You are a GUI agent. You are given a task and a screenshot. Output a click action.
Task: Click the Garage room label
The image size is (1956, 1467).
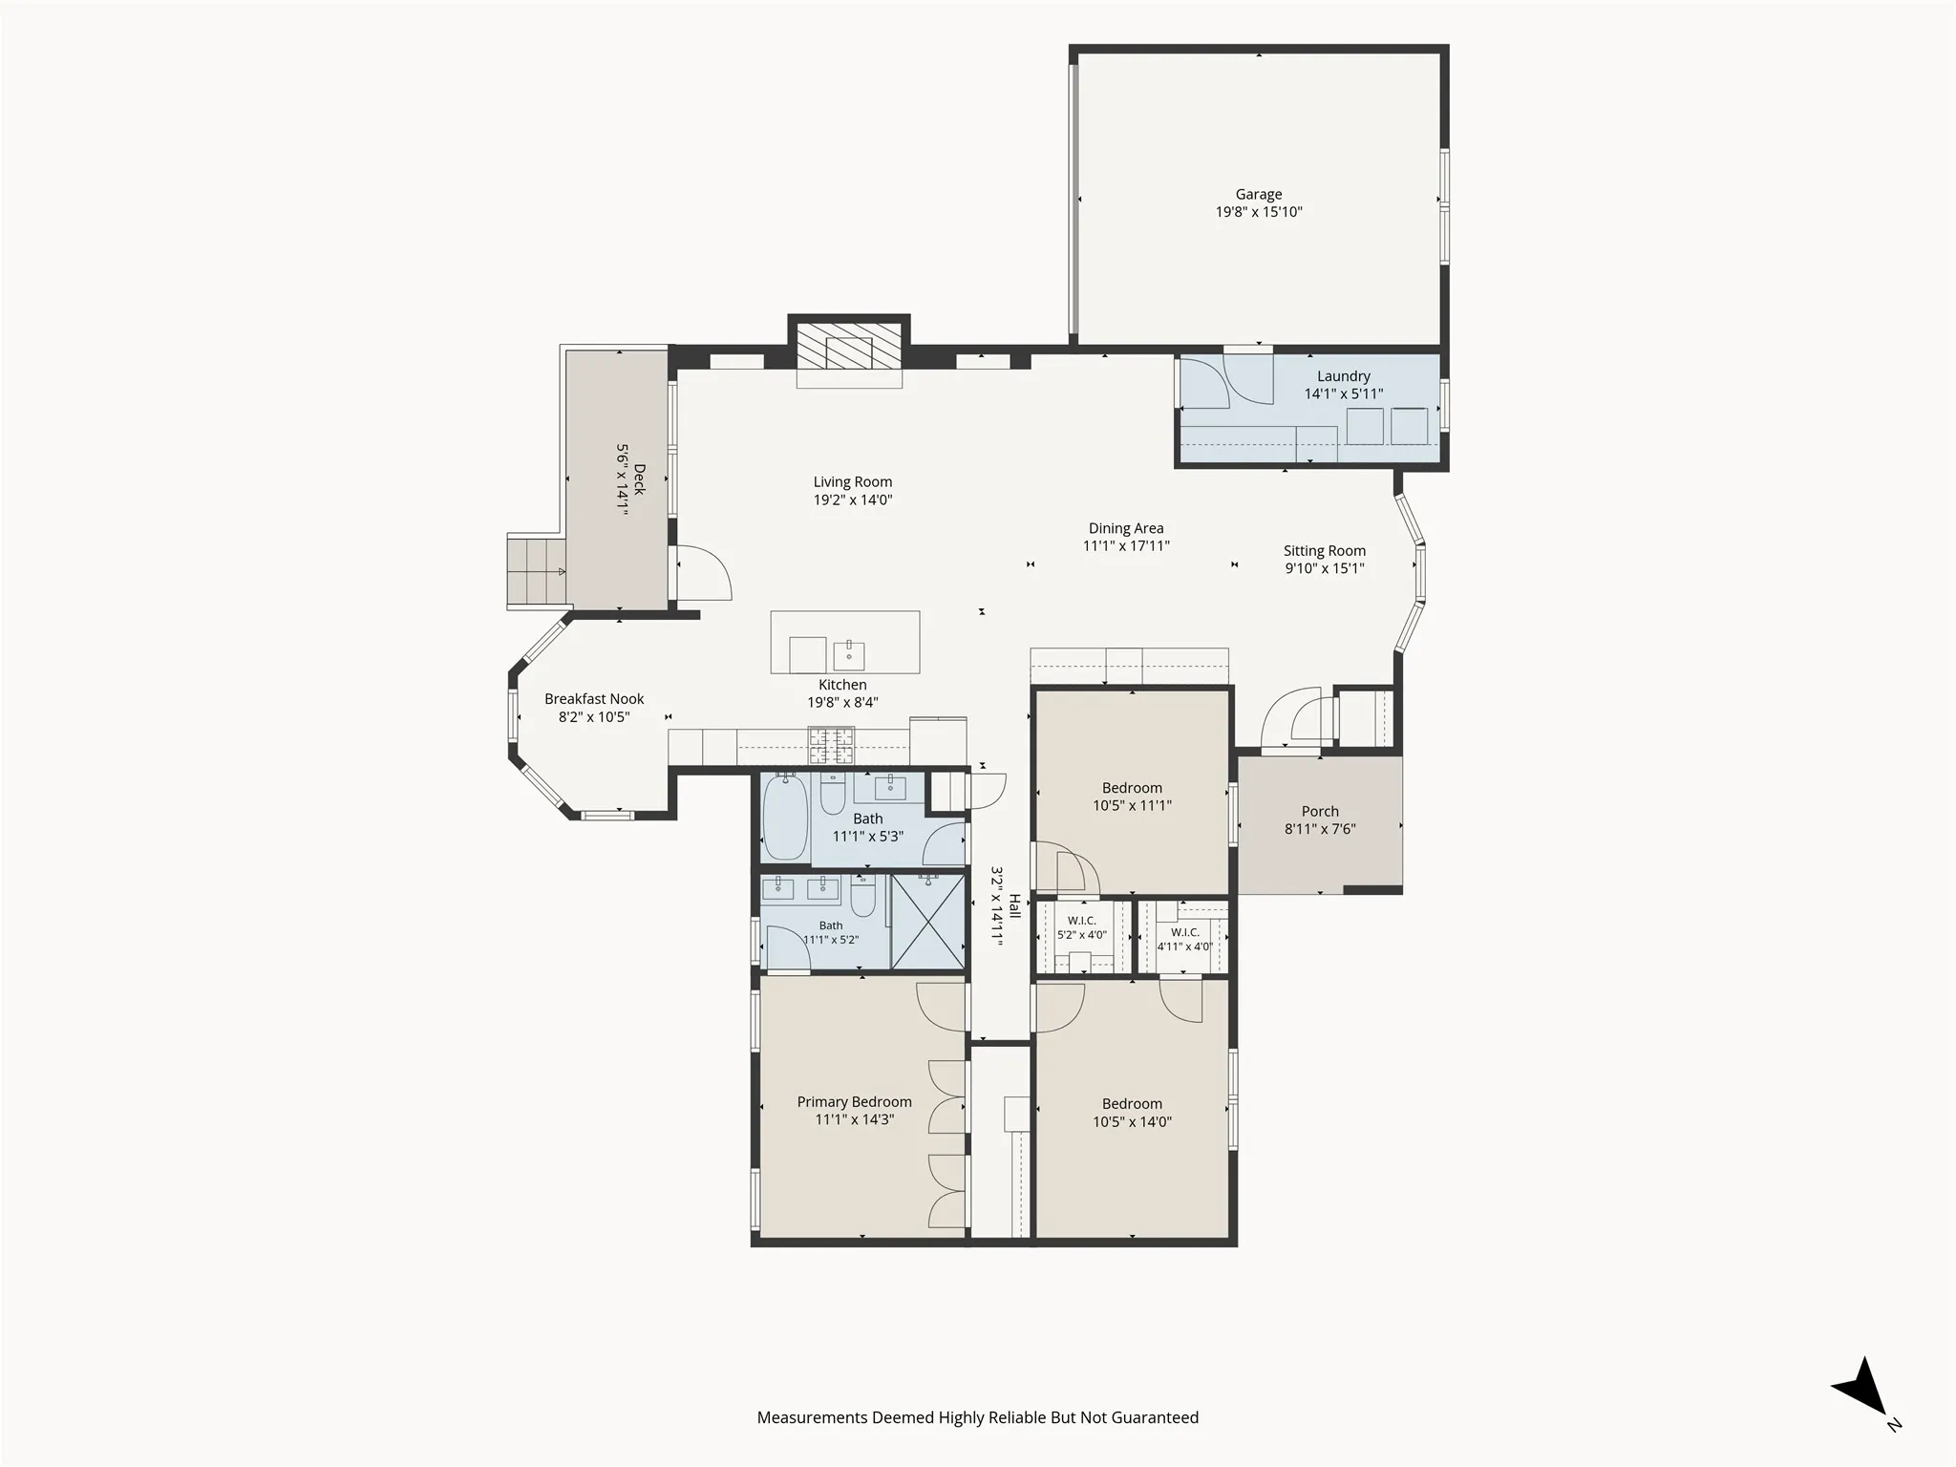click(x=1259, y=194)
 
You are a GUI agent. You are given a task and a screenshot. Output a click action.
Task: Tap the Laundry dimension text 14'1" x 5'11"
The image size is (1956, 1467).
click(x=1344, y=393)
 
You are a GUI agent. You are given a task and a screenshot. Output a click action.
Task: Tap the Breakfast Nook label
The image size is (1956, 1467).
click(x=594, y=699)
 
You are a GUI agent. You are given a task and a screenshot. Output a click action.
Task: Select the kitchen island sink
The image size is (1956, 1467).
click(x=849, y=656)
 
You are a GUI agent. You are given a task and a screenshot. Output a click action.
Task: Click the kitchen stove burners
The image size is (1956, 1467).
click(x=831, y=746)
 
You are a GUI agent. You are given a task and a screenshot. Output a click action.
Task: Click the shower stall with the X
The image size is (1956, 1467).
click(x=927, y=922)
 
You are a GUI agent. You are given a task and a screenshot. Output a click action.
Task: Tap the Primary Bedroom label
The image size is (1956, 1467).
click(x=855, y=1102)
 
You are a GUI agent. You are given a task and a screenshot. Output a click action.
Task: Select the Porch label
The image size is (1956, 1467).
click(x=1320, y=812)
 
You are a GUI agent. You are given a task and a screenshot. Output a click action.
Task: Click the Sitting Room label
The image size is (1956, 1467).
click(x=1325, y=551)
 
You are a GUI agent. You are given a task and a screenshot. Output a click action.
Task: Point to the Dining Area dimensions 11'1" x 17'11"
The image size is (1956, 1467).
click(x=1126, y=546)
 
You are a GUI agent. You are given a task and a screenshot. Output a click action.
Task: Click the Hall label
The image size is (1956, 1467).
click(x=1015, y=905)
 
